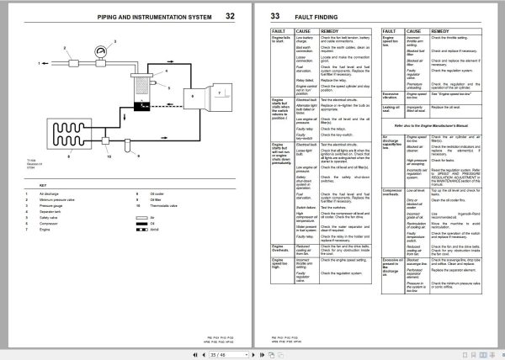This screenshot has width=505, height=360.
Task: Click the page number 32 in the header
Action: [x=230, y=15]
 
